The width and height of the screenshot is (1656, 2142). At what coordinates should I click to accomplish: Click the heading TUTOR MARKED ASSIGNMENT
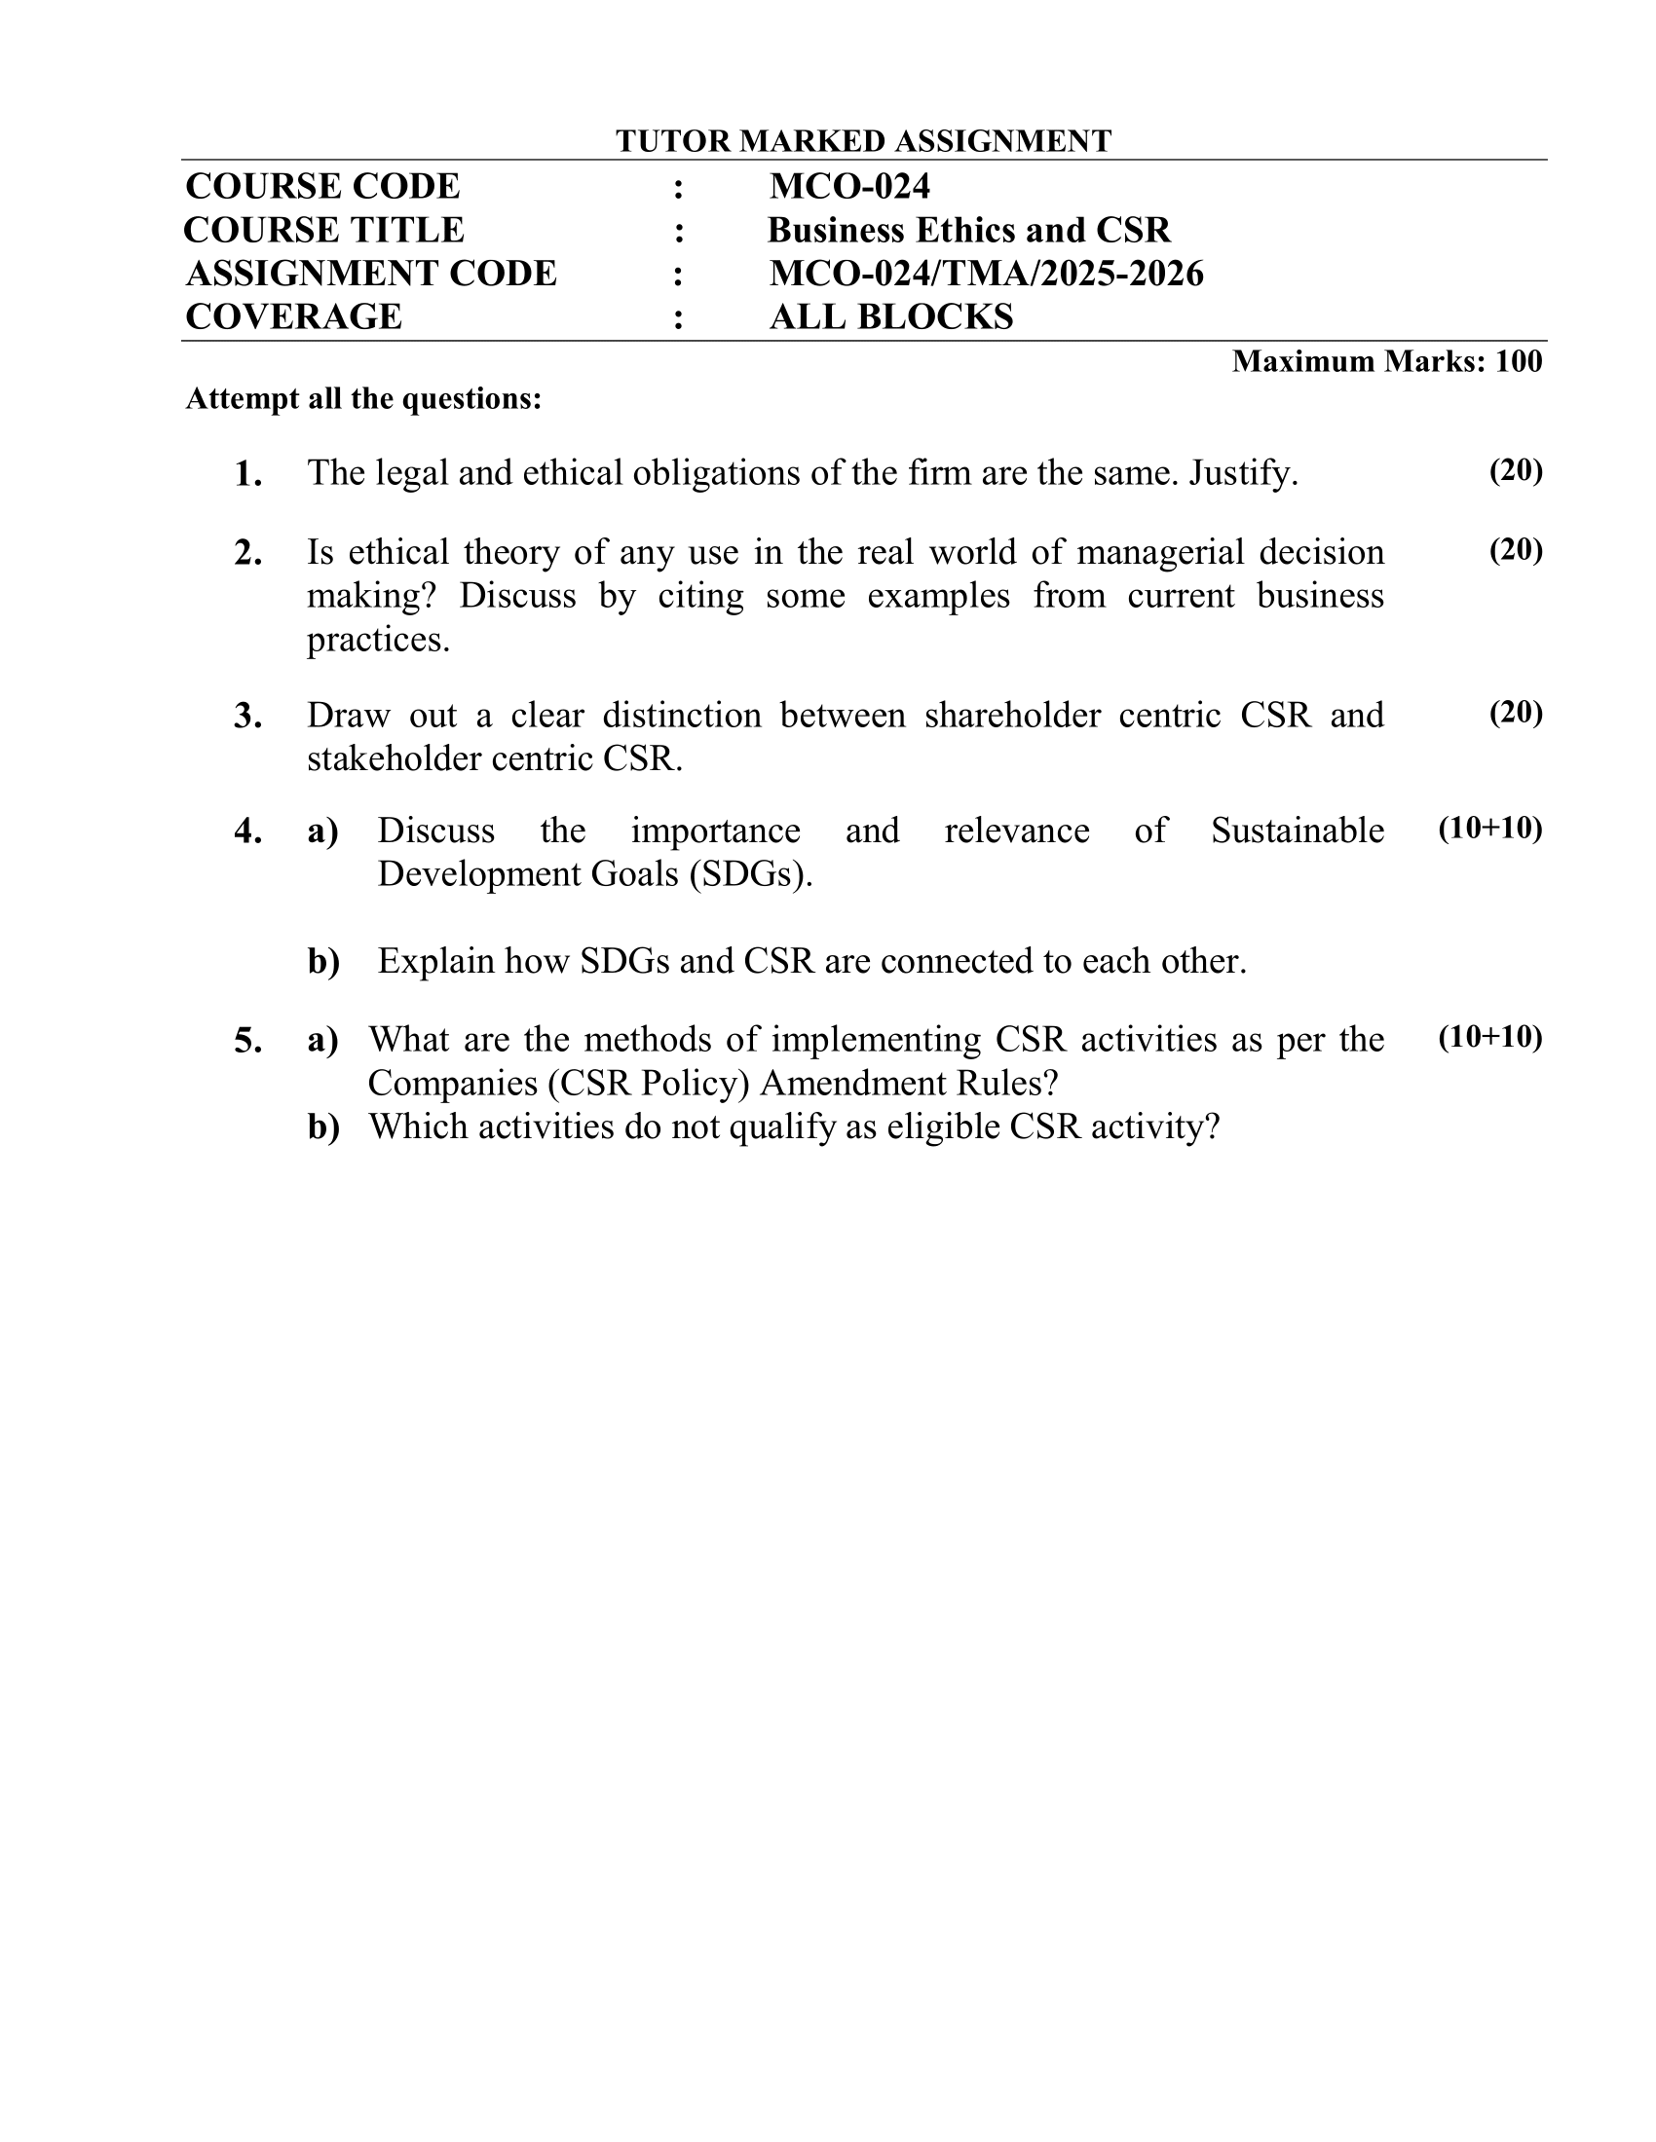point(862,141)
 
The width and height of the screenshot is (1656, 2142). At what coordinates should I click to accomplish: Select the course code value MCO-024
point(849,186)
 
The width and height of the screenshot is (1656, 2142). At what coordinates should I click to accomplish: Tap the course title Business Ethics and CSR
point(968,230)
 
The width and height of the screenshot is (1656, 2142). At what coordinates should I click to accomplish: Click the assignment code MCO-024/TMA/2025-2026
point(986,273)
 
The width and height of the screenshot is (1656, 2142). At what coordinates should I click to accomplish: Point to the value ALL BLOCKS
point(890,316)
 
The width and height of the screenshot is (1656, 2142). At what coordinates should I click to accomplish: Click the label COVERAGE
point(293,316)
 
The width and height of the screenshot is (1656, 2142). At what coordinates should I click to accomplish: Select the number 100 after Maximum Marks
point(1519,361)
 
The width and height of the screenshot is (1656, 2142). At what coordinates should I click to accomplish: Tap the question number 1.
point(247,475)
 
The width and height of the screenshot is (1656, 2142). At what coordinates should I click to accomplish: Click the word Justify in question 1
point(1242,474)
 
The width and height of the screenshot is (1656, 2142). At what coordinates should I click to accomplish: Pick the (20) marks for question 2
point(1516,550)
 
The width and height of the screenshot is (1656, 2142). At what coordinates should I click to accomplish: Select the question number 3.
point(247,716)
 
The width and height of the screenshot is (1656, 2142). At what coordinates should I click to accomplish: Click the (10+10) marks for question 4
point(1490,829)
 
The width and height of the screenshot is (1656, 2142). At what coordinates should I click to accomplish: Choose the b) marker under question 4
point(323,961)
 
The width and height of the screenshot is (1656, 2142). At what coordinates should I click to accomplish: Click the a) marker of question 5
point(323,1040)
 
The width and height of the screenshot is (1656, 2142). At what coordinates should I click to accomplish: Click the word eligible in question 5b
point(942,1126)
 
